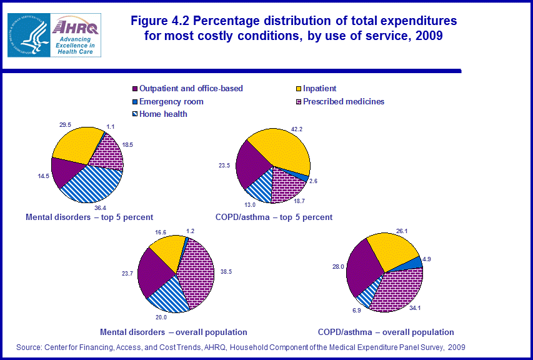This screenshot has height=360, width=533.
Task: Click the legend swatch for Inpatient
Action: coord(297,89)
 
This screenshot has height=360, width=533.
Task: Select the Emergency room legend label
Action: coord(171,101)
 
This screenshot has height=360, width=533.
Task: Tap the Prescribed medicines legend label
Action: coord(344,101)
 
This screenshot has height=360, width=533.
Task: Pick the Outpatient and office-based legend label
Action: coord(191,89)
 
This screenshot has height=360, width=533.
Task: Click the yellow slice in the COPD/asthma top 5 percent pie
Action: coord(281,150)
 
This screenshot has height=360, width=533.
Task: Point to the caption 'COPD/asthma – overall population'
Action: coord(386,332)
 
